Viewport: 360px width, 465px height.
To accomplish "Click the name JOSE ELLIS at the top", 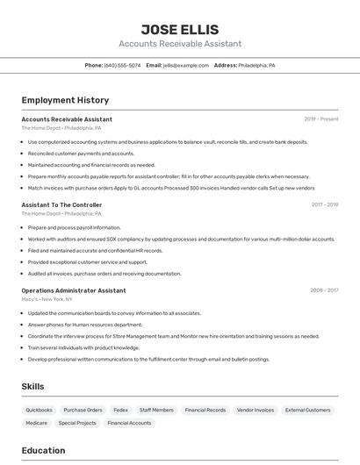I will pyautogui.click(x=179, y=29).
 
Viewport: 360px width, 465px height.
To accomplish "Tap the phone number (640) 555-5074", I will pyautogui.click(x=122, y=65).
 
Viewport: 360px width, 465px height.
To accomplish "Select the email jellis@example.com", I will pyautogui.click(x=179, y=65).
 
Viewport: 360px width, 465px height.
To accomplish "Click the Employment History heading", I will pyautogui.click(x=65, y=100).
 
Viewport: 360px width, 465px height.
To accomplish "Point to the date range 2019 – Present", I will pyautogui.click(x=321, y=118).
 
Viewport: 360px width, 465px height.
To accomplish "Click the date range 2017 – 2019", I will pyautogui.click(x=325, y=204).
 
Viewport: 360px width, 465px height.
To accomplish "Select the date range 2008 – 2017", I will pyautogui.click(x=324, y=290).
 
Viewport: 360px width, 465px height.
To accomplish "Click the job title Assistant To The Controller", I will pyautogui.click(x=61, y=204).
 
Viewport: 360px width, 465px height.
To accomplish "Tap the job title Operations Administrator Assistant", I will pyautogui.click(x=74, y=290).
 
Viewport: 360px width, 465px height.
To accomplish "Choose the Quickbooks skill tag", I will pyautogui.click(x=39, y=410).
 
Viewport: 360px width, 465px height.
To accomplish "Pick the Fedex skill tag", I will pyautogui.click(x=120, y=410).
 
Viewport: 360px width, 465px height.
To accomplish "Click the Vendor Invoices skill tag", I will pyautogui.click(x=256, y=410).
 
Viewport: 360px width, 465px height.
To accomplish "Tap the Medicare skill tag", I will pyautogui.click(x=36, y=423).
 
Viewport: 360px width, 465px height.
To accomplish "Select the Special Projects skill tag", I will pyautogui.click(x=77, y=423).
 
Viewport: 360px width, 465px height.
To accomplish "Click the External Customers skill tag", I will pyautogui.click(x=307, y=410).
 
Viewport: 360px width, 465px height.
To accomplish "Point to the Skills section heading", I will pyautogui.click(x=32, y=386).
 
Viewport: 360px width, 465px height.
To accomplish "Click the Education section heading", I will pyautogui.click(x=43, y=450).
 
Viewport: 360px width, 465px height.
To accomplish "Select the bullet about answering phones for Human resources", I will pyautogui.click(x=84, y=325).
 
